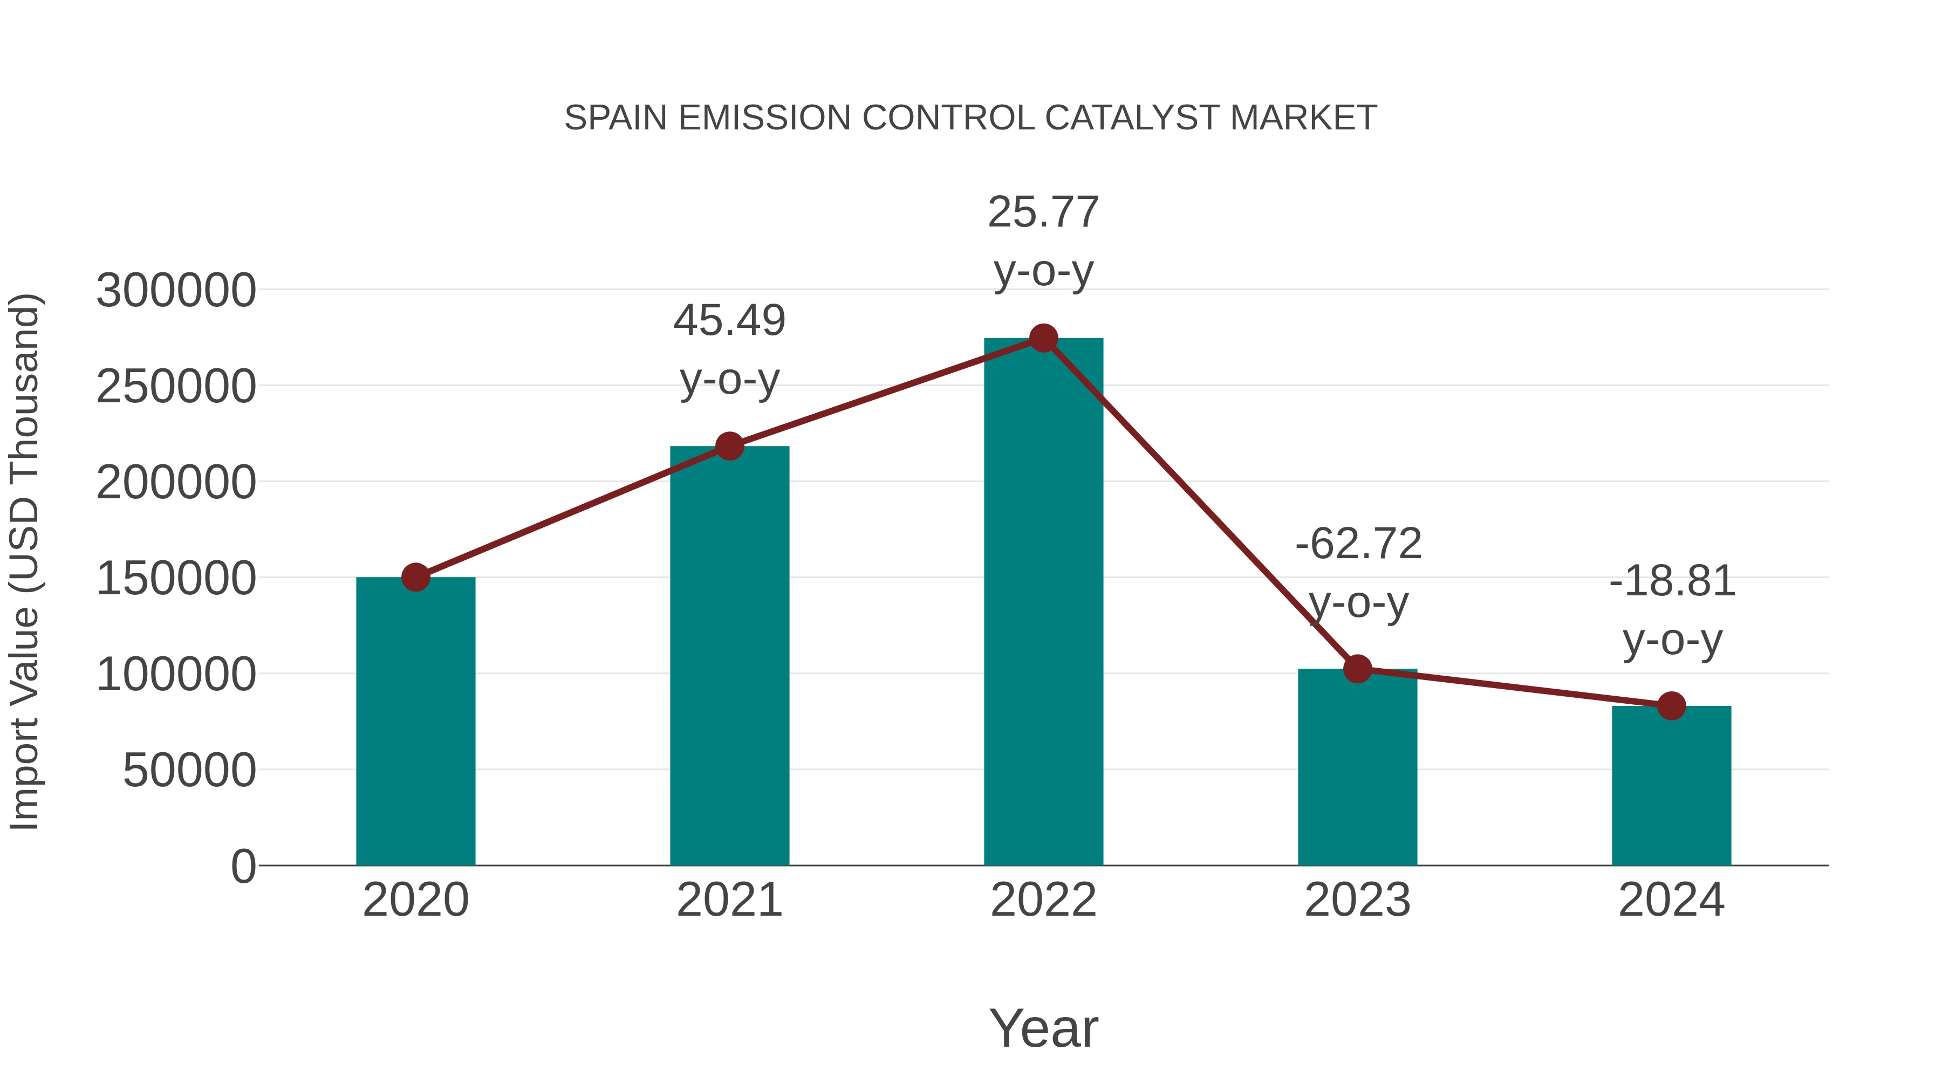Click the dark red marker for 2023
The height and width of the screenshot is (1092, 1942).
click(x=1357, y=669)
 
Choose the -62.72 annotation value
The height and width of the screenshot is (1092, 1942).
click(x=1358, y=544)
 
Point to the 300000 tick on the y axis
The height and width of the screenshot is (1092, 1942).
click(x=176, y=290)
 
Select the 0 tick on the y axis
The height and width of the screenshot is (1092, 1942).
click(x=243, y=866)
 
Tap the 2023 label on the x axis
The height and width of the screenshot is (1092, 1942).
click(x=1357, y=900)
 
